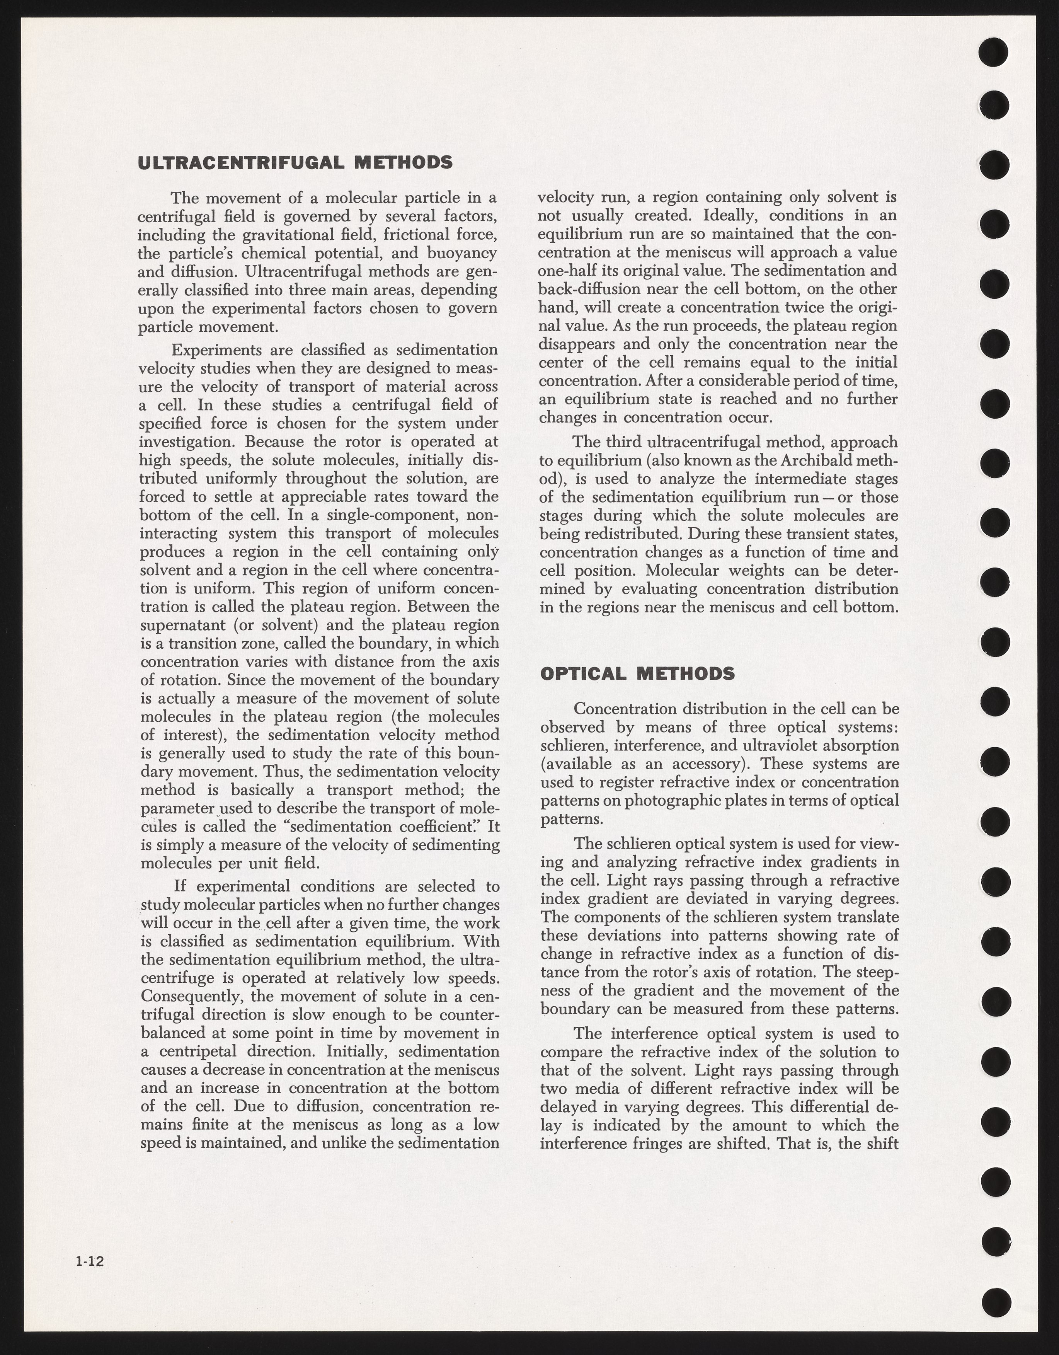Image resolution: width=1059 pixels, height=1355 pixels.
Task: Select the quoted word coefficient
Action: click(442, 827)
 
